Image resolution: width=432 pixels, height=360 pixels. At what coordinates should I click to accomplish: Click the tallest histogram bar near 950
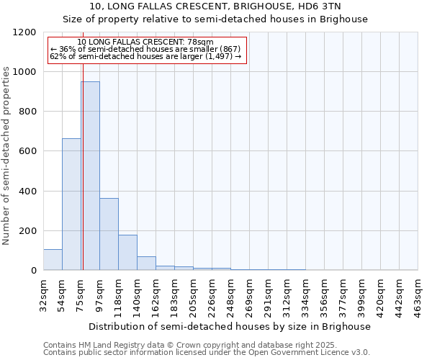point(90,176)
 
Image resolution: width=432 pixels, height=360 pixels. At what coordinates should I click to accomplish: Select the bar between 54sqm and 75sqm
point(71,204)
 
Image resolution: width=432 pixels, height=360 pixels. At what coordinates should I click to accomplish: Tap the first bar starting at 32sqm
point(53,260)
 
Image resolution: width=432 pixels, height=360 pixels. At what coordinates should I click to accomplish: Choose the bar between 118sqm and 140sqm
point(127,253)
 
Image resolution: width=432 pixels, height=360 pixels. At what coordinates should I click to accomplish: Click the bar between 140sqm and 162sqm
point(146,264)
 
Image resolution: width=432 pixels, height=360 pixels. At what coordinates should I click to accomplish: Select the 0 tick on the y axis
point(33,271)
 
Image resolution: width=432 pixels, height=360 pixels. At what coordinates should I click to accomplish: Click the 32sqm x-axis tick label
point(43,293)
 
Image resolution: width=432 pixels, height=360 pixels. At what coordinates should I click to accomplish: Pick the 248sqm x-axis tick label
point(230,293)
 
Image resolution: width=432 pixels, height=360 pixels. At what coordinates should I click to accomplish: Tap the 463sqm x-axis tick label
point(418,293)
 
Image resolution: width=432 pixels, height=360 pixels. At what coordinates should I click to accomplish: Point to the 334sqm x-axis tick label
point(305,293)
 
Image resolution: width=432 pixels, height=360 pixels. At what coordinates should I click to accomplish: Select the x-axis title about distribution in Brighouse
point(230,326)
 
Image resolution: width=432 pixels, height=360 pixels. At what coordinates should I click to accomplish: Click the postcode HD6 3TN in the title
point(325,7)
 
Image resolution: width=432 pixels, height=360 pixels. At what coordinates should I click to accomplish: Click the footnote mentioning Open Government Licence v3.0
point(206,352)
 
